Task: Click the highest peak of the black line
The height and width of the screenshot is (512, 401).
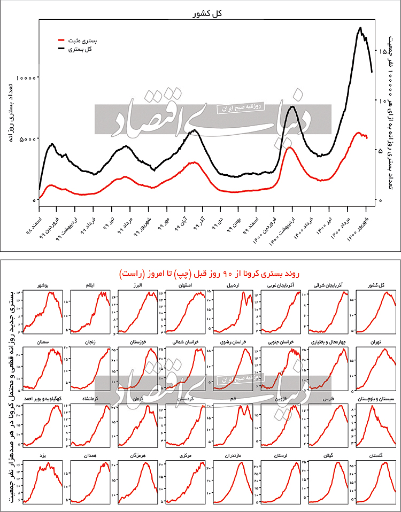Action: (x=361, y=28)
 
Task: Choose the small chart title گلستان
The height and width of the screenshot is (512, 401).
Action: (x=379, y=456)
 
